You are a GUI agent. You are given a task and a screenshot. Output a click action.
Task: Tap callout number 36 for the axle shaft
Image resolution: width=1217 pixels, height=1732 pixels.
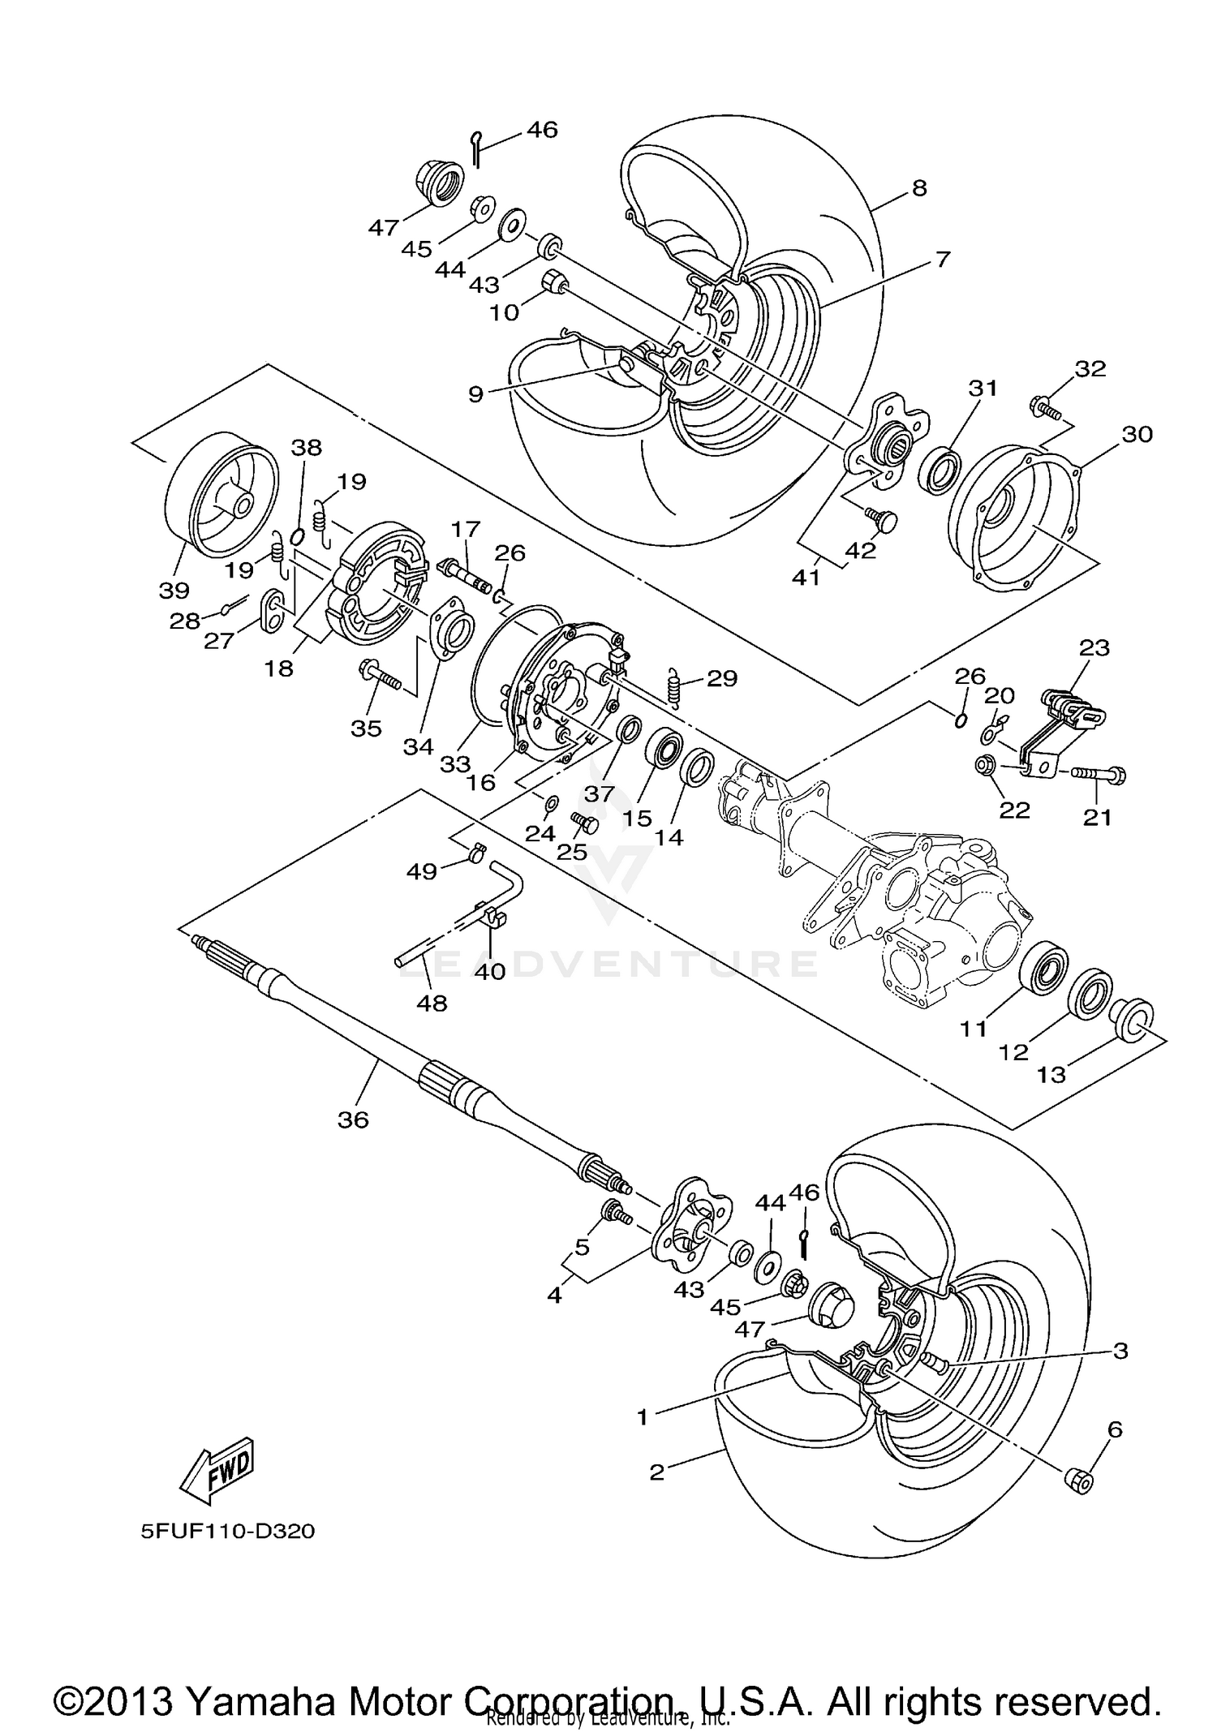353,1120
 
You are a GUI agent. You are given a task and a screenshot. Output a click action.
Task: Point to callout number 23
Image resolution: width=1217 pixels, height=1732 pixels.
1094,648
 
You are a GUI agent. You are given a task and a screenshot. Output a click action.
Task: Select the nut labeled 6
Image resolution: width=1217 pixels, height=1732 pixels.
1077,1481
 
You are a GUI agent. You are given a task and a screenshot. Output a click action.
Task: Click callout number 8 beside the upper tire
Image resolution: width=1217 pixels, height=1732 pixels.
918,188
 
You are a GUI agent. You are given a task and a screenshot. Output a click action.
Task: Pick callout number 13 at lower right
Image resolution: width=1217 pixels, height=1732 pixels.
1051,1075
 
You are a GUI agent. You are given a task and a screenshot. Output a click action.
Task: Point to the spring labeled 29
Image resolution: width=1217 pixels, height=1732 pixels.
674,686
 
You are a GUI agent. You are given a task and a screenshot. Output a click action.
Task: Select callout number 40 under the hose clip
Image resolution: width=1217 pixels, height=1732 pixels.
490,971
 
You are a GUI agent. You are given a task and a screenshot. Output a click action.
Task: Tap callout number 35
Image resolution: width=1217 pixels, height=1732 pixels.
366,728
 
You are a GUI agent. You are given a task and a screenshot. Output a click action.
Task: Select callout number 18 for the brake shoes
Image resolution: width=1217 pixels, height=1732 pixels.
278,669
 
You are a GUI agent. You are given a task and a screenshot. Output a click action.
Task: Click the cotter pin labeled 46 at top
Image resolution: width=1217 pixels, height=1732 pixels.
477,148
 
